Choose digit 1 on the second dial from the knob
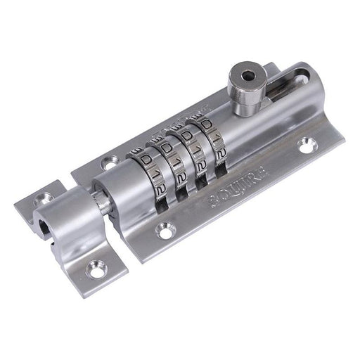tap(194, 151)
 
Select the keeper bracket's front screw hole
tap(93, 267)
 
